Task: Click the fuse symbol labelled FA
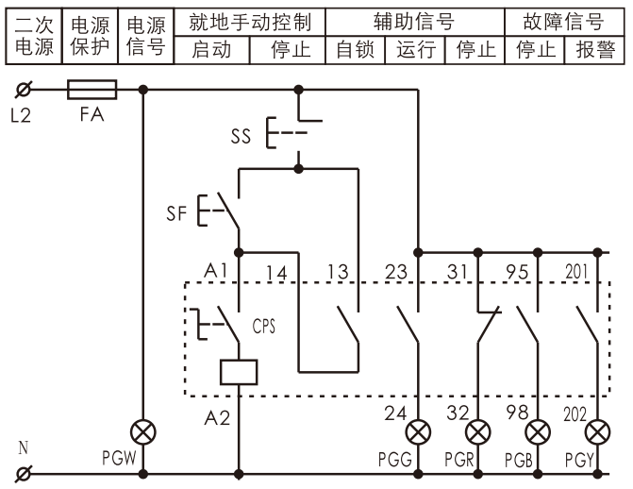(92, 90)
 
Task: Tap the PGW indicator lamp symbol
(143, 432)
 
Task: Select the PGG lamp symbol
(418, 432)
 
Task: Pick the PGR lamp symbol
(478, 432)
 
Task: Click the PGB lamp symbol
(538, 432)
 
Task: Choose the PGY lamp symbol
(597, 432)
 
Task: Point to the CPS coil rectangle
(239, 372)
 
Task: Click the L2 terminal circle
(24, 90)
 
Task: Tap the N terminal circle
(24, 474)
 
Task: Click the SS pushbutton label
(241, 136)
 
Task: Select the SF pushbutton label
(176, 213)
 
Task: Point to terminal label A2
(217, 417)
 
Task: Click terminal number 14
(276, 273)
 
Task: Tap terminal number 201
(576, 272)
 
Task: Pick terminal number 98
(517, 413)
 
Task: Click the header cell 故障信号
(564, 22)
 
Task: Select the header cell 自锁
(356, 49)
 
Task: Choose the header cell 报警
(594, 49)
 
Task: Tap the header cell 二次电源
(34, 36)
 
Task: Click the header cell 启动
(211, 49)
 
